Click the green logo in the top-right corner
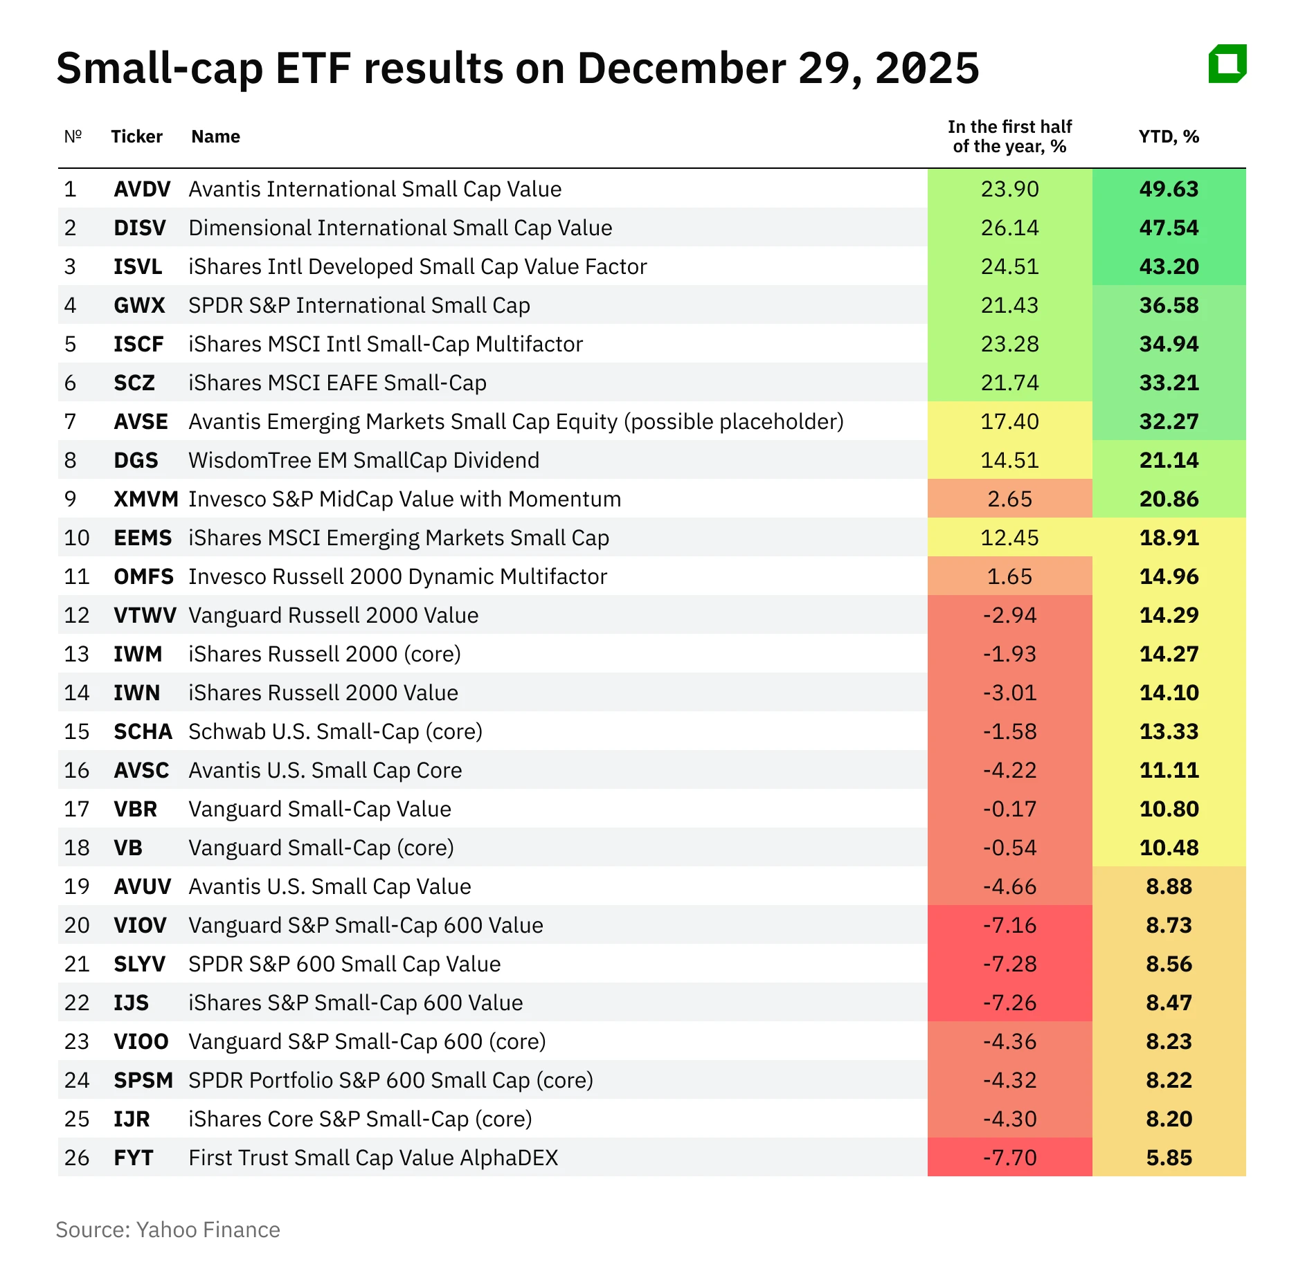point(1227,64)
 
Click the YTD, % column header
point(1169,136)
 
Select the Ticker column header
point(136,136)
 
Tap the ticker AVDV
point(142,189)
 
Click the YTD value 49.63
point(1169,189)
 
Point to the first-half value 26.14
point(1009,228)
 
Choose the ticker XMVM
point(146,499)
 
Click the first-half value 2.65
point(1009,499)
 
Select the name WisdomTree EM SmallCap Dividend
point(363,460)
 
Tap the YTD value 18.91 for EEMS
point(1169,538)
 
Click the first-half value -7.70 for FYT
point(1009,1158)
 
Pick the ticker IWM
point(138,654)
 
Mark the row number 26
point(77,1158)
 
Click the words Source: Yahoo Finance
point(168,1230)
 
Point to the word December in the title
point(681,69)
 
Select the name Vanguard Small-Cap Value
point(320,809)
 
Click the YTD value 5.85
point(1169,1158)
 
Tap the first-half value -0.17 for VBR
point(1009,809)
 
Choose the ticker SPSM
point(143,1080)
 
